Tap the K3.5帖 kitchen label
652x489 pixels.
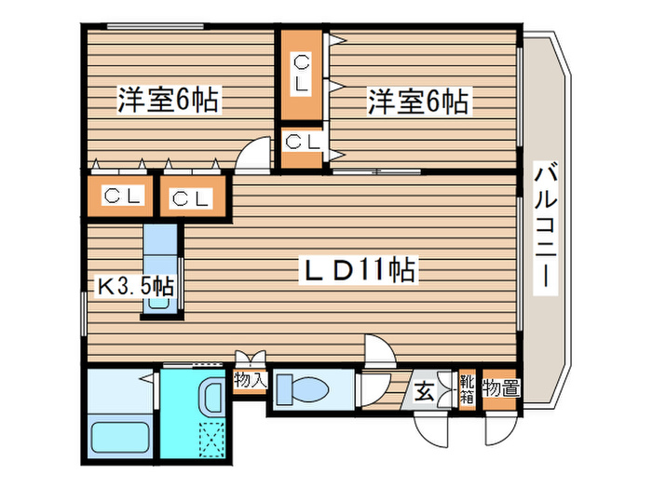135,285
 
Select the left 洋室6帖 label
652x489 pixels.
168,100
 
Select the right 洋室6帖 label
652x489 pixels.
417,100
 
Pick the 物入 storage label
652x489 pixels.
250,380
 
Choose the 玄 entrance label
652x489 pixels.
424,391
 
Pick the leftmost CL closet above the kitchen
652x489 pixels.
122,197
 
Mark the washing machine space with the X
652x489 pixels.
213,439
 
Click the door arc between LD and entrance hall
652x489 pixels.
378,352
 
